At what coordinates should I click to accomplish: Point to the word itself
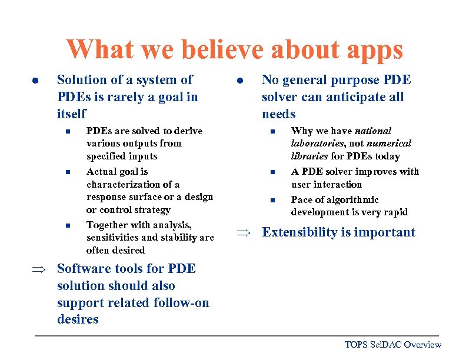click(72, 114)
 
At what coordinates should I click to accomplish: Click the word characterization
click(124, 184)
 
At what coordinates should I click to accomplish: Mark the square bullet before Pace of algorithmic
click(272, 200)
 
